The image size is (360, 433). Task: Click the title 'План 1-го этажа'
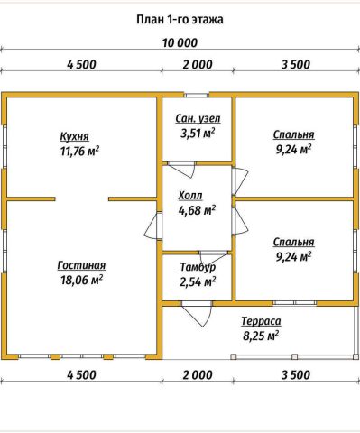point(180,20)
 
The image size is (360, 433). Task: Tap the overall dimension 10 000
point(180,42)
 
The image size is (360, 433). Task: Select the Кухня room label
point(75,136)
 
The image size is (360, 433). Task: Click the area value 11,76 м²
point(80,151)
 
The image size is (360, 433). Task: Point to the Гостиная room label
point(81,265)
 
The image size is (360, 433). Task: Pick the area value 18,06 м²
point(82,280)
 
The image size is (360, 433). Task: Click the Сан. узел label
point(198,118)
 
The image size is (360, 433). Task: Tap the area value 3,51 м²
point(198,133)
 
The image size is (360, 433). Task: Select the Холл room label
point(190,196)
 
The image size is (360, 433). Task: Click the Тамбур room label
point(198,267)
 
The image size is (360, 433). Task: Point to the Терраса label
point(261,321)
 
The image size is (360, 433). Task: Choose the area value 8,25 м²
point(261,336)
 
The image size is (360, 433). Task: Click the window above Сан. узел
point(197,95)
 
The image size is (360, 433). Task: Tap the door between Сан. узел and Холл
point(181,170)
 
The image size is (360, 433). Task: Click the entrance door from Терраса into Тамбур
point(197,314)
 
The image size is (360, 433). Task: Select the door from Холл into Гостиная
point(153,226)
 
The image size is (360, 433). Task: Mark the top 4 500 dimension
point(81,64)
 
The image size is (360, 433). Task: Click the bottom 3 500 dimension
point(296,375)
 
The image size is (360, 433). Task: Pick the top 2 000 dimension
point(198,64)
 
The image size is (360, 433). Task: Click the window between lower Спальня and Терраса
point(295,303)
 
